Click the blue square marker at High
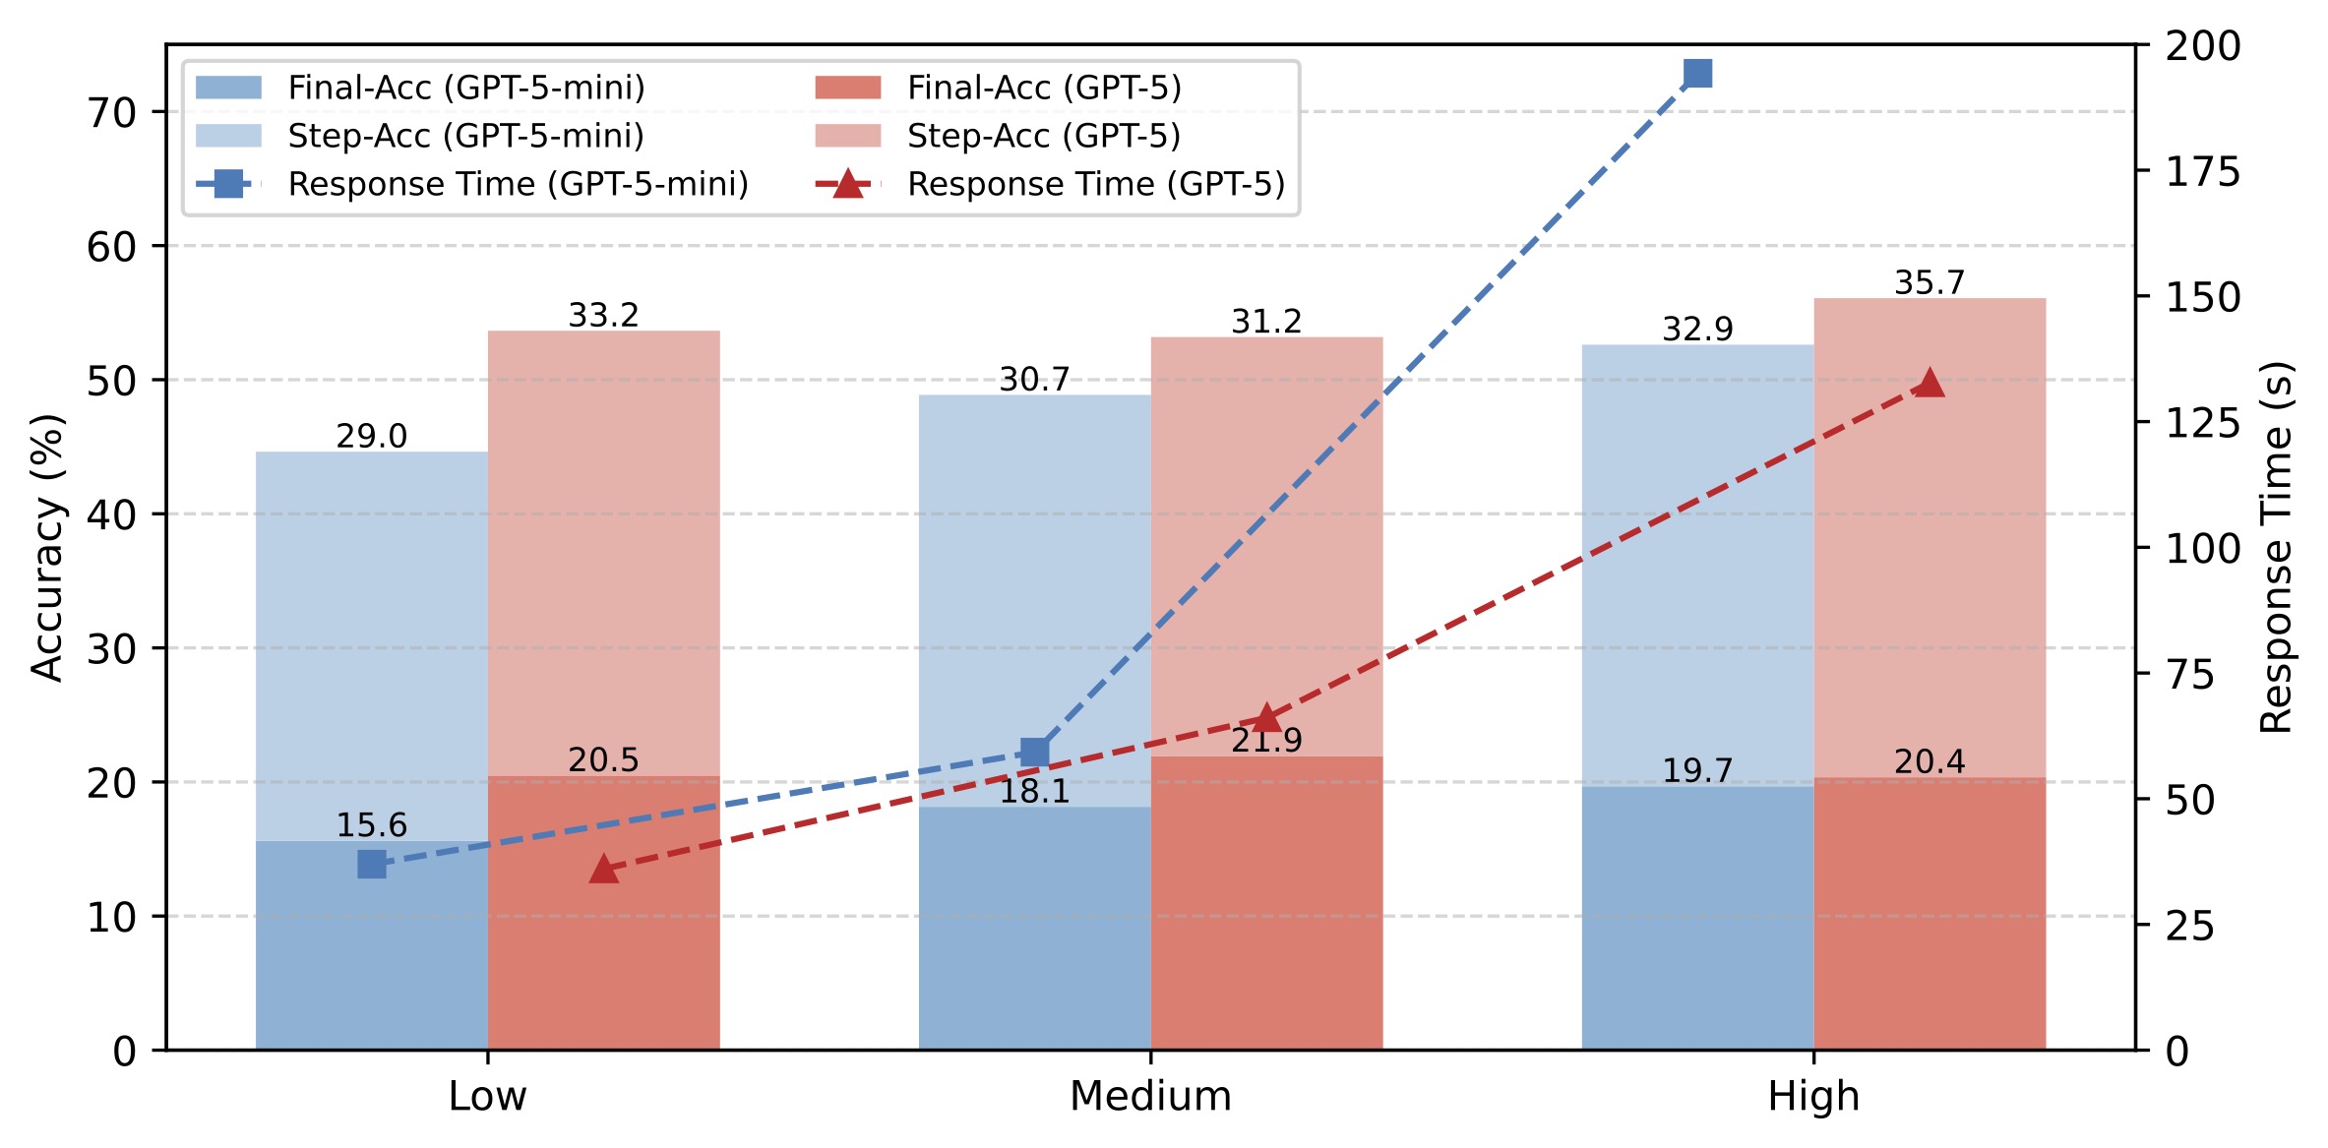click(x=1697, y=74)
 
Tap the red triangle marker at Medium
click(x=1266, y=719)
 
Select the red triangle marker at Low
click(x=603, y=870)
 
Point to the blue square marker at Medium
click(x=1034, y=753)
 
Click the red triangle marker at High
click(x=1930, y=384)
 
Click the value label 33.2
click(x=603, y=316)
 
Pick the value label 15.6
click(x=371, y=825)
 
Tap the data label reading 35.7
click(x=1930, y=283)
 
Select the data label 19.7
click(x=1697, y=770)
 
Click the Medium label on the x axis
click(x=1150, y=1096)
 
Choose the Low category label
click(x=487, y=1096)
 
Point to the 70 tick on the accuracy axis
click(x=111, y=113)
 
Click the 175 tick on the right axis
click(x=2203, y=172)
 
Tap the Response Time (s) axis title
click(x=2276, y=548)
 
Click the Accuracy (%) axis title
click(x=46, y=548)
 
